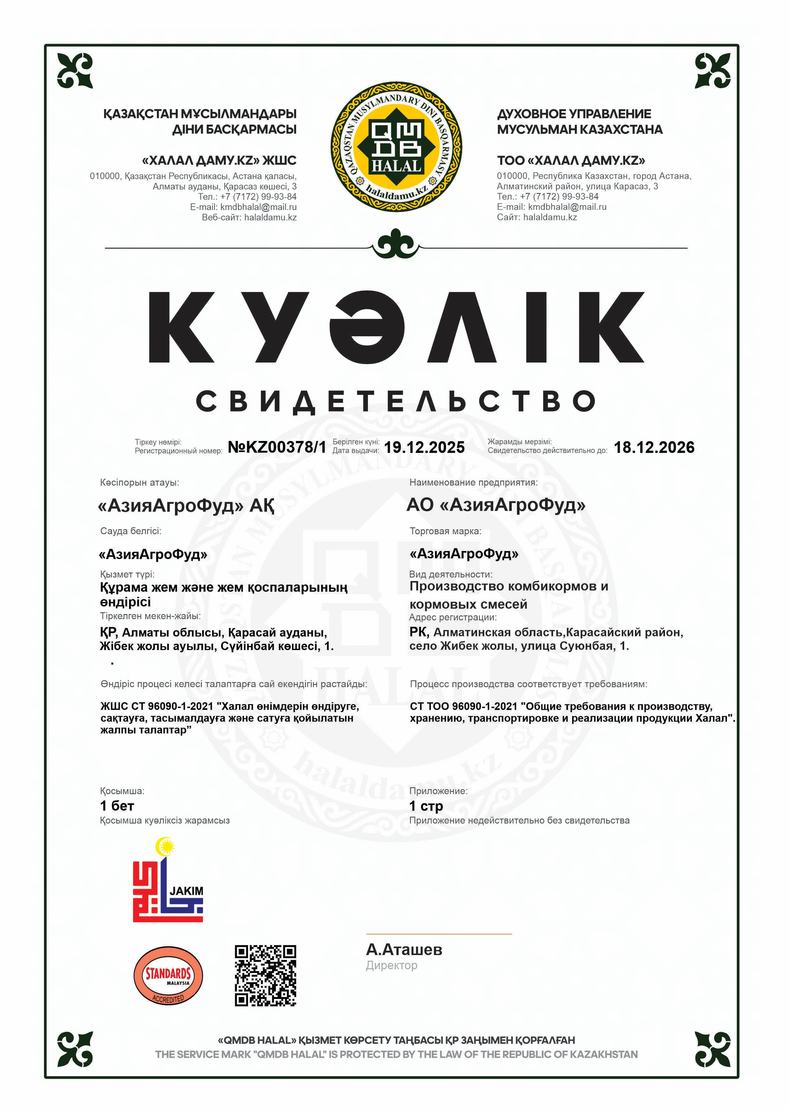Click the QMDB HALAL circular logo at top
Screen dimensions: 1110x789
[x=396, y=147]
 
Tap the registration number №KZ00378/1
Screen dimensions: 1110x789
[x=277, y=447]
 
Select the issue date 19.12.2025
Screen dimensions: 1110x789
[x=424, y=447]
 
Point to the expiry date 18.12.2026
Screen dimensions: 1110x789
[x=654, y=447]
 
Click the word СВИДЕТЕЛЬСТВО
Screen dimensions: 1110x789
[x=396, y=401]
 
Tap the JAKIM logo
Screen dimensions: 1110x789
[x=168, y=880]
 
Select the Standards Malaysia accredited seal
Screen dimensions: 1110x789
[x=168, y=975]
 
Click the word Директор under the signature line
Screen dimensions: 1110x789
[x=392, y=965]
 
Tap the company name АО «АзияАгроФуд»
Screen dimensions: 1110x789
[x=495, y=505]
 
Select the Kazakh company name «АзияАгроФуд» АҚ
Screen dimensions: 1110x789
[x=186, y=506]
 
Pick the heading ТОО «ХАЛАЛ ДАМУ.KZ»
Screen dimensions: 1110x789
[x=571, y=160]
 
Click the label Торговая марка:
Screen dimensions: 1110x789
[x=445, y=531]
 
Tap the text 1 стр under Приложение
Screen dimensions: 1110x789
[x=426, y=806]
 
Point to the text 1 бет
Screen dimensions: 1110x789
[x=117, y=806]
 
